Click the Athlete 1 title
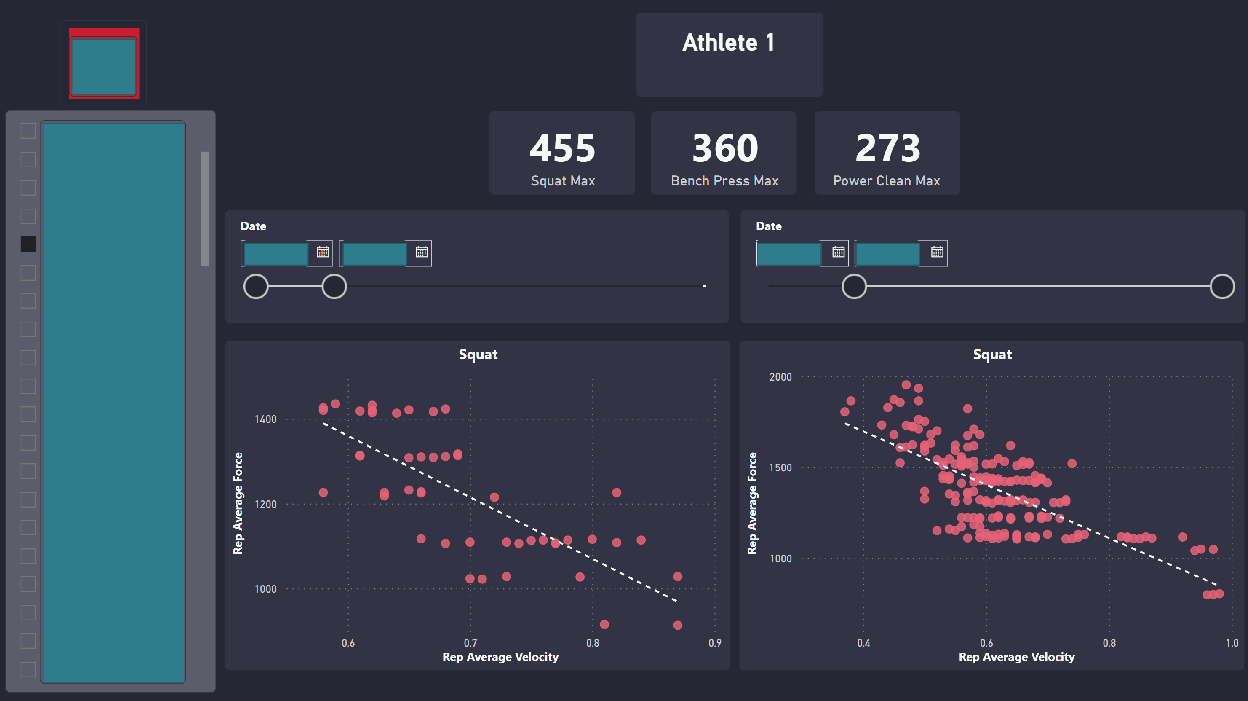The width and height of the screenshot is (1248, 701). pyautogui.click(x=728, y=43)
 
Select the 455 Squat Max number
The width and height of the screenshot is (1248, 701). pyautogui.click(x=562, y=148)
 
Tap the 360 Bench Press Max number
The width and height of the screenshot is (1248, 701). pyautogui.click(x=725, y=148)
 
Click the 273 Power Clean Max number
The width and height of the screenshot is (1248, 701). pyautogui.click(x=887, y=148)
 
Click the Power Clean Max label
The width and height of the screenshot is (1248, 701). pyautogui.click(x=886, y=181)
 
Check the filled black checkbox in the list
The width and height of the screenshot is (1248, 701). pyautogui.click(x=28, y=244)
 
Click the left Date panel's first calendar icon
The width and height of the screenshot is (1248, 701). pyautogui.click(x=323, y=252)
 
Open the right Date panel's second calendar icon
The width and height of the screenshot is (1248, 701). pyautogui.click(x=937, y=252)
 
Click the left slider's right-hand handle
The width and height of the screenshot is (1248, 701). pyautogui.click(x=334, y=287)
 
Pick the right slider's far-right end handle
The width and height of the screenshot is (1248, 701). pyautogui.click(x=1222, y=287)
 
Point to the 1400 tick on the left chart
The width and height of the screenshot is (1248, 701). pyautogui.click(x=265, y=419)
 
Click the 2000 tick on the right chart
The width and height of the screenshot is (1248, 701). pyautogui.click(x=780, y=377)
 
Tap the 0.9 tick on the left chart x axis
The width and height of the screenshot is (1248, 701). pyautogui.click(x=715, y=643)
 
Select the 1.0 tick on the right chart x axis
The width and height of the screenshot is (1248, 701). pyautogui.click(x=1232, y=643)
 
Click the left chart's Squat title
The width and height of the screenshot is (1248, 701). pyautogui.click(x=478, y=355)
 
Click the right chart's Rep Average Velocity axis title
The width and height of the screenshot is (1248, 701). pyautogui.click(x=1016, y=657)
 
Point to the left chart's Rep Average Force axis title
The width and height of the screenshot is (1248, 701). pyautogui.click(x=238, y=503)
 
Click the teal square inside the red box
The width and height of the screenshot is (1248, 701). pyautogui.click(x=104, y=67)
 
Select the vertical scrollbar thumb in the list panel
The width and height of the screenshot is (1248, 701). pyautogui.click(x=205, y=209)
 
